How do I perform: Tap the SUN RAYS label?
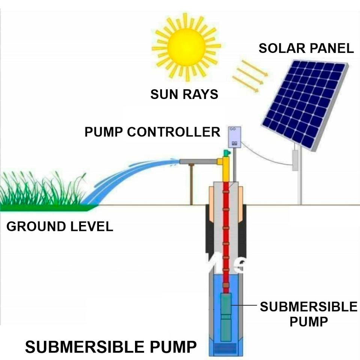(x=184, y=94)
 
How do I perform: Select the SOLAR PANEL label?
(x=306, y=49)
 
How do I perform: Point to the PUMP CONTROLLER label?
(x=152, y=132)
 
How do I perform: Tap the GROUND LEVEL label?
(x=60, y=227)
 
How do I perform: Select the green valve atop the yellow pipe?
(x=226, y=153)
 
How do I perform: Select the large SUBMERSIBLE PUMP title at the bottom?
(x=111, y=347)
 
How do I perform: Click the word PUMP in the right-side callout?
(x=309, y=322)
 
